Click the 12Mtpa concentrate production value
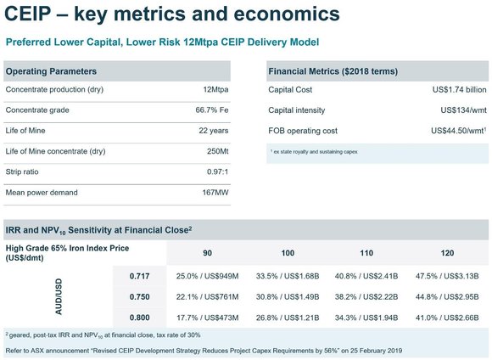point(215,89)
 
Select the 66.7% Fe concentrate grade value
point(212,110)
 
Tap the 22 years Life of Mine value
point(214,131)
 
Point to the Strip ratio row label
point(22,172)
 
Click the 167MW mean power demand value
point(215,192)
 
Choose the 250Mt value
point(217,151)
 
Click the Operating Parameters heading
point(51,71)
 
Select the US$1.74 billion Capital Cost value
point(460,89)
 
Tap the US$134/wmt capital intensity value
point(463,110)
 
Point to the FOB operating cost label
point(303,131)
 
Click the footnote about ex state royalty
point(314,152)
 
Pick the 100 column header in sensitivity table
point(288,253)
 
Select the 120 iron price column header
point(447,253)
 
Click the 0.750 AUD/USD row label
point(139,297)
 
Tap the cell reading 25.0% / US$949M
point(207,276)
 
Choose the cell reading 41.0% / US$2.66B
point(447,318)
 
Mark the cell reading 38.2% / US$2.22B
point(366,297)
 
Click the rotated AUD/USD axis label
point(59,296)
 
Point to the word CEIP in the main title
point(28,14)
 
